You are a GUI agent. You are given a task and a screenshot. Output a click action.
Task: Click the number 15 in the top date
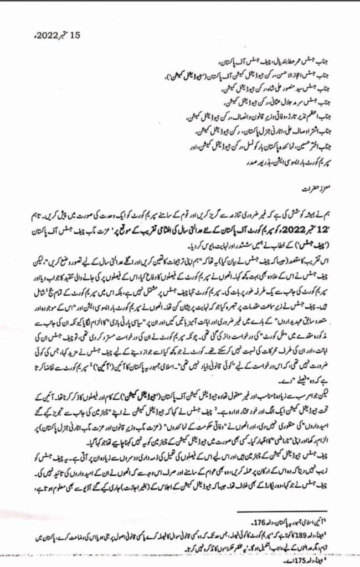[75, 35]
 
